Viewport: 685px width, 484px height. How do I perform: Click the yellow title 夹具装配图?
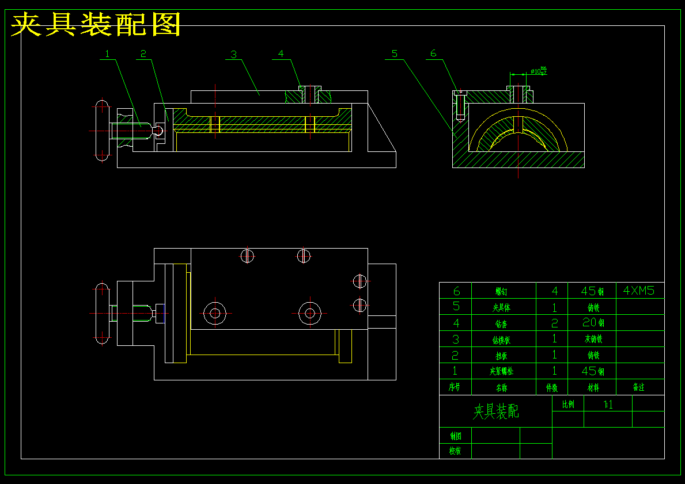tap(96, 25)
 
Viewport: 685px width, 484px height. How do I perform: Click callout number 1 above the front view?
tap(107, 54)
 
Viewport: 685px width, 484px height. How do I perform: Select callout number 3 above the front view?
tap(233, 54)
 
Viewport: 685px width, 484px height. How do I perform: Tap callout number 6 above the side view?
tap(433, 54)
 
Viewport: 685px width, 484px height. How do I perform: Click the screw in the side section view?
tap(460, 106)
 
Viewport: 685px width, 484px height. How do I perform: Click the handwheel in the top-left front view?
tap(102, 131)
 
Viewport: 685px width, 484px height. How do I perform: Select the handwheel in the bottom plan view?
tap(102, 313)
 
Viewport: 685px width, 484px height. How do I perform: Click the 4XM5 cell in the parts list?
tap(639, 291)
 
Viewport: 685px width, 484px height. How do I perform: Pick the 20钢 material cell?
tap(593, 323)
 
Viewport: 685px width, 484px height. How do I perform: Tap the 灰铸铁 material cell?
tap(593, 339)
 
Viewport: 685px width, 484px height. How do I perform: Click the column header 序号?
tap(455, 387)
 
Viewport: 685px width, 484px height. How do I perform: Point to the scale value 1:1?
tap(608, 404)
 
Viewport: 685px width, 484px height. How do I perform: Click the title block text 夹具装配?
tap(495, 411)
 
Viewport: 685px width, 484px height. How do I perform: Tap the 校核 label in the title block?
tap(455, 451)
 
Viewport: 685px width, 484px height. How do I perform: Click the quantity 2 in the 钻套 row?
tap(554, 323)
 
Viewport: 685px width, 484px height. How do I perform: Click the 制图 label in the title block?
tap(455, 436)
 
